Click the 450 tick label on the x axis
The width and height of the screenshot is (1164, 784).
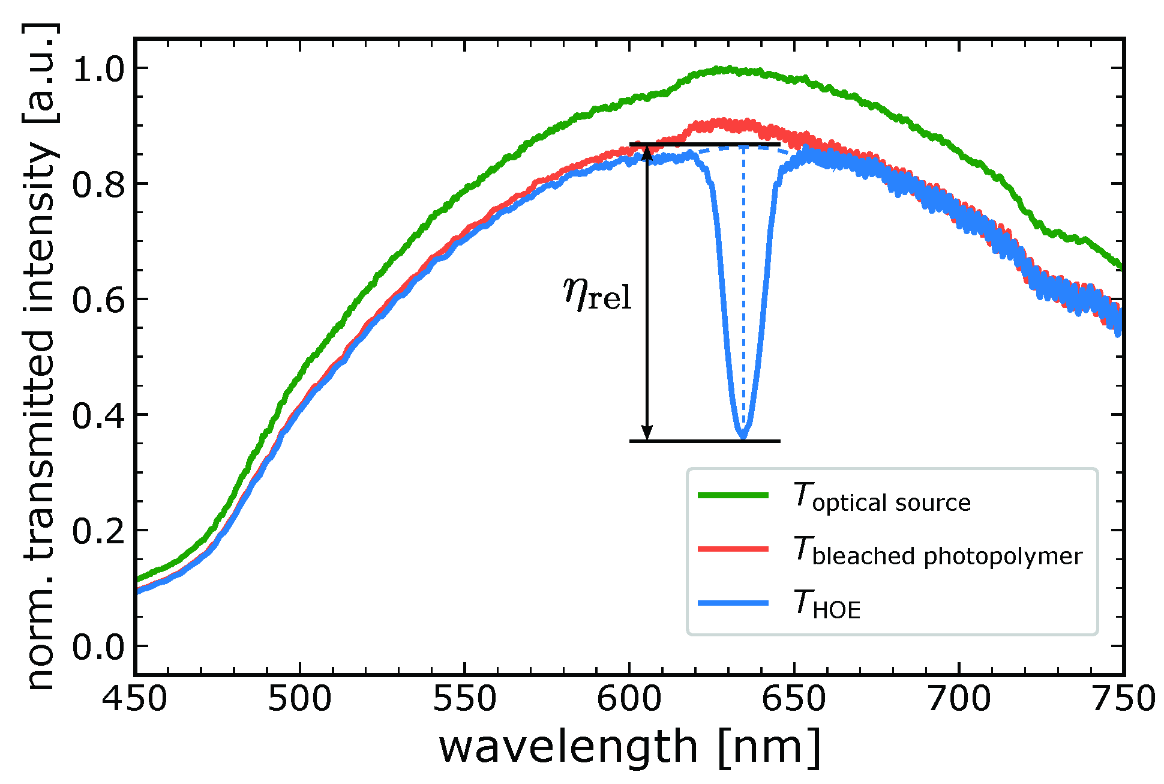coord(134,699)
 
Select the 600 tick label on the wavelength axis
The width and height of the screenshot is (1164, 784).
coord(629,699)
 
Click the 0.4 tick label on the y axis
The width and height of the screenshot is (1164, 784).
coord(97,415)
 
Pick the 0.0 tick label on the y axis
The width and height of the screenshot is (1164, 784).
coord(97,647)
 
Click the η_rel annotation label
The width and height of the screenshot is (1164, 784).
coord(598,294)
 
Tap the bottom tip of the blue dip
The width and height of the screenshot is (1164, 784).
coord(743,436)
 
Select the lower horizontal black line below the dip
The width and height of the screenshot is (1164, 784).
coord(704,441)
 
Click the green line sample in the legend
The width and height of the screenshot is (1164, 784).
coord(733,495)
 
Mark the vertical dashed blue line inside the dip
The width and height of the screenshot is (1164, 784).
coord(743,288)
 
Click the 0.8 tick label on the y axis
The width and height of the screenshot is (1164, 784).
coord(97,184)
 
